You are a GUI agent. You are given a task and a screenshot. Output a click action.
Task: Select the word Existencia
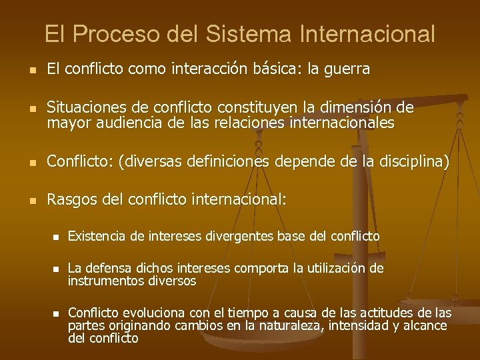pyautogui.click(x=97, y=236)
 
